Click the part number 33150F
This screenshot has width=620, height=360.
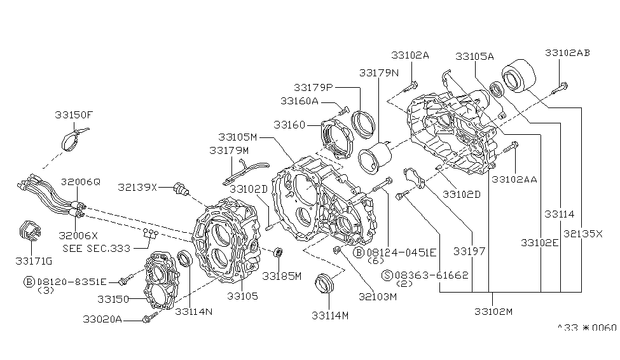pyautogui.click(x=73, y=115)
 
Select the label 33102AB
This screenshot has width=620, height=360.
pyautogui.click(x=567, y=53)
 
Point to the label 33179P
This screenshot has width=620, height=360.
pyautogui.click(x=313, y=87)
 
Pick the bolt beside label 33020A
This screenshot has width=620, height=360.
pyautogui.click(x=148, y=317)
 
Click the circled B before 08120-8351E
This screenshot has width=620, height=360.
pyautogui.click(x=29, y=280)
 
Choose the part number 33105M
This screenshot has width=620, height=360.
pyautogui.click(x=237, y=137)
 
